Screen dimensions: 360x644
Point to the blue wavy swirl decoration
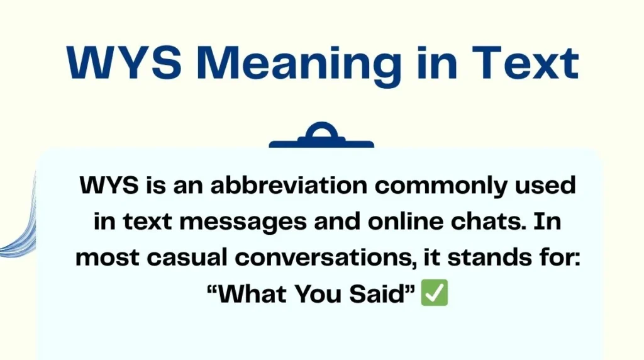(16, 233)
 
